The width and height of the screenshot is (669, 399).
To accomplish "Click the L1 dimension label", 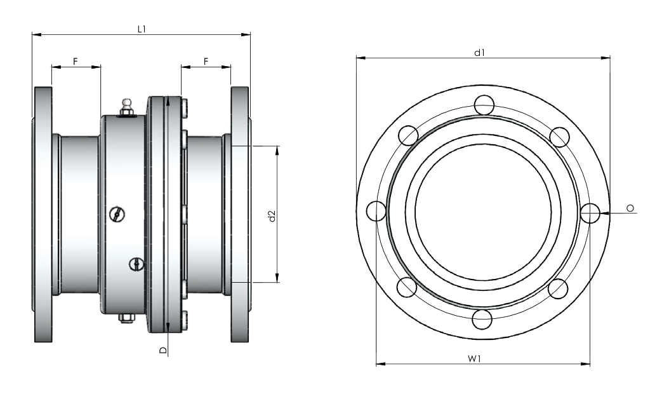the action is click(x=142, y=29).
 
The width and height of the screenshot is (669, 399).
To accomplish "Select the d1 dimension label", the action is click(x=480, y=53).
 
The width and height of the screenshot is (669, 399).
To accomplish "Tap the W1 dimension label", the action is click(x=474, y=358).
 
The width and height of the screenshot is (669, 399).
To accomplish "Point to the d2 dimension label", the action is click(x=272, y=216).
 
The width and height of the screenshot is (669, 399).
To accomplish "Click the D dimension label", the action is click(x=162, y=350).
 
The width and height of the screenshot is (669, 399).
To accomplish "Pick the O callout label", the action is click(x=630, y=208).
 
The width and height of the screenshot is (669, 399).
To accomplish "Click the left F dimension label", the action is click(x=76, y=62).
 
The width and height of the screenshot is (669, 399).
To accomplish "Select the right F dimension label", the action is click(x=206, y=62).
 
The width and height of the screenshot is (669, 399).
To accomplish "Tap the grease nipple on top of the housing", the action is click(x=126, y=107).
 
